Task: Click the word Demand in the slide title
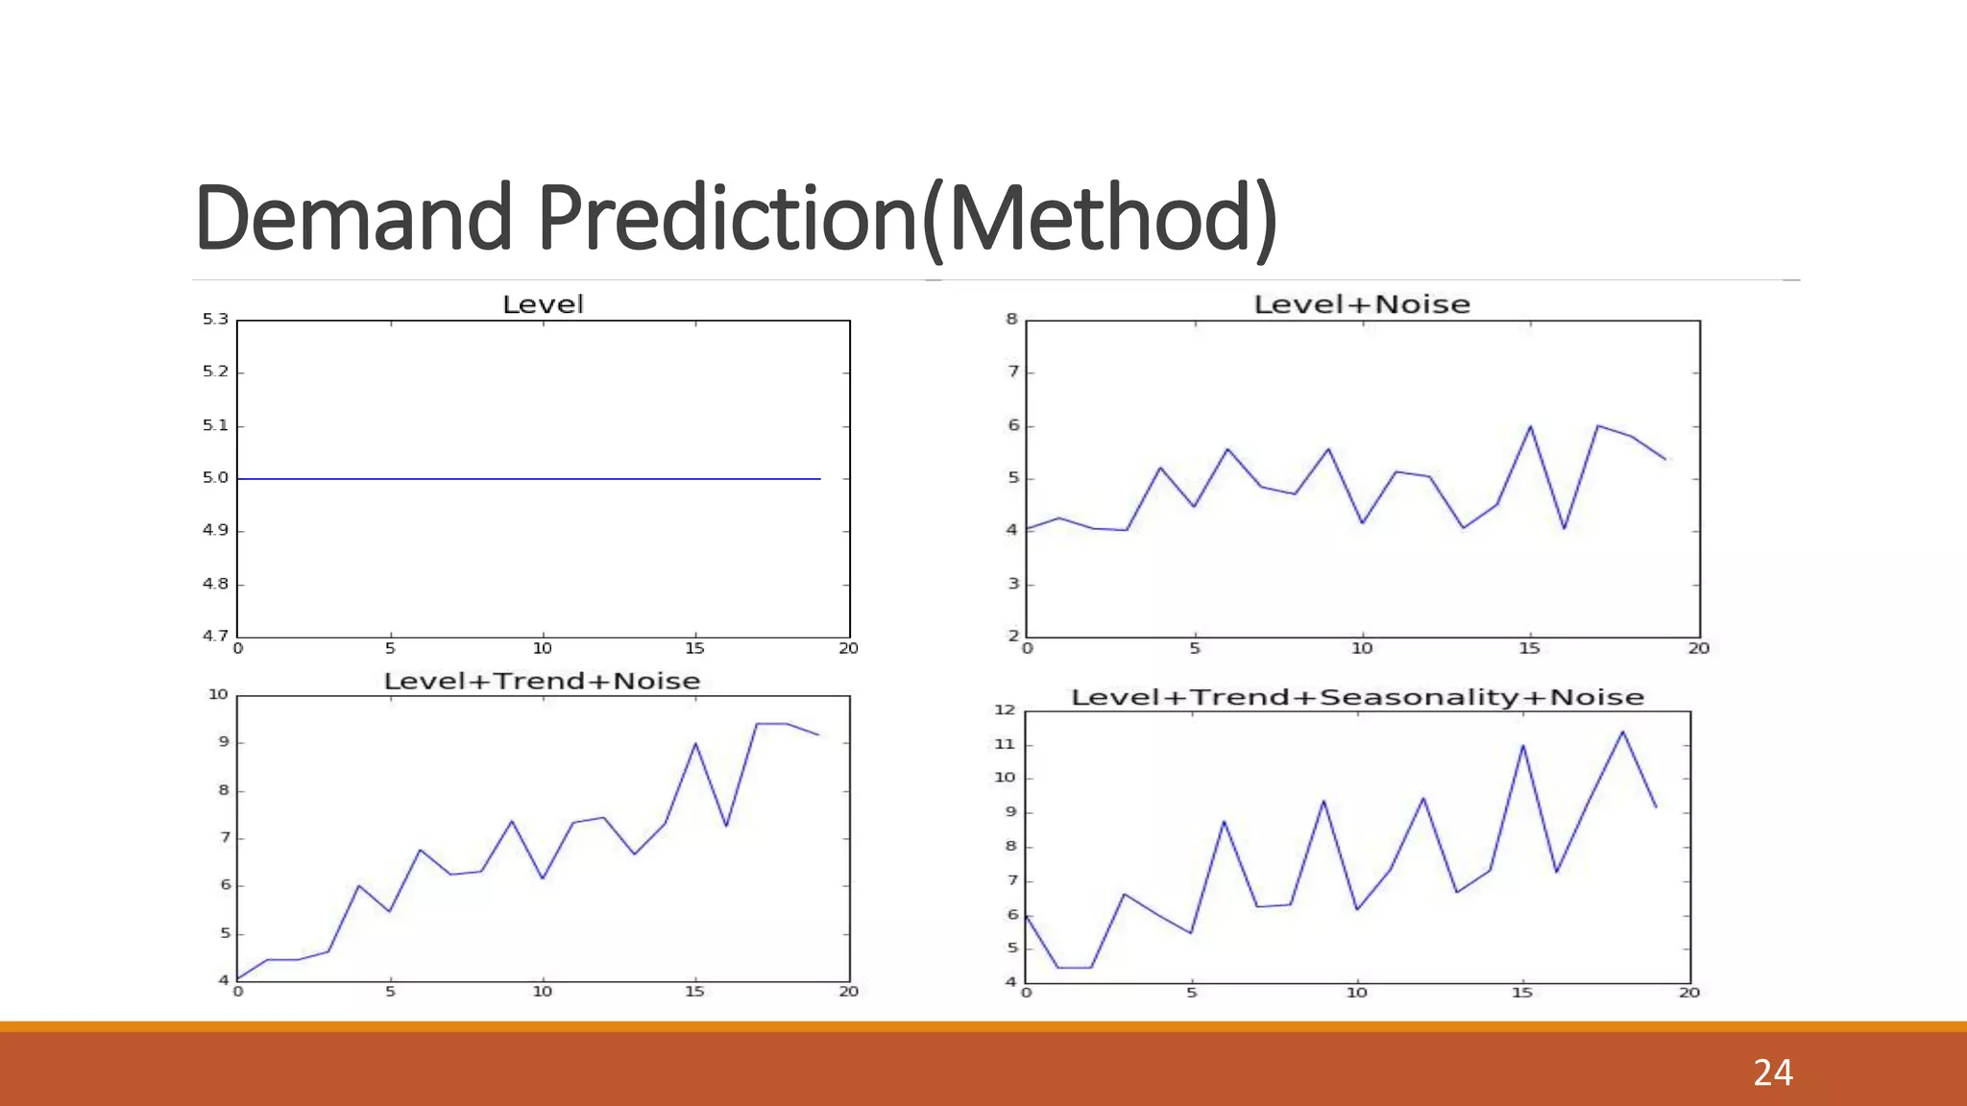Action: point(353,219)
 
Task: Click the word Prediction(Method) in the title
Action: point(907,219)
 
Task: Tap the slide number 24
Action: point(1772,1072)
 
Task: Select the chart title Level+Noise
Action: point(1362,304)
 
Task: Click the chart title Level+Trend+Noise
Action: point(542,681)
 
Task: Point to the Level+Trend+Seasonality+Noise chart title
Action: point(1357,697)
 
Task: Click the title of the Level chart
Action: point(543,304)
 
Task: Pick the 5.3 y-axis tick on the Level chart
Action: point(215,319)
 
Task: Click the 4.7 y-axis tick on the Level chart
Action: point(215,636)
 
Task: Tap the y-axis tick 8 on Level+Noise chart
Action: point(1011,319)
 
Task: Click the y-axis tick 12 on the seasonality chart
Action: point(1005,709)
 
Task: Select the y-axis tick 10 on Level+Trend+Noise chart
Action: point(218,694)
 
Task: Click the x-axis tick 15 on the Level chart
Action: point(694,648)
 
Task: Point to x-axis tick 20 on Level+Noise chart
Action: point(1698,648)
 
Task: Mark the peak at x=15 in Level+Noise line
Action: point(1530,426)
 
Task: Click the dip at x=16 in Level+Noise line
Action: point(1564,528)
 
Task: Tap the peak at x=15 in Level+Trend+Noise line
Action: point(695,743)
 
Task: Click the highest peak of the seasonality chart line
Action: point(1622,732)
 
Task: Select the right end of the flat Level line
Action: point(819,478)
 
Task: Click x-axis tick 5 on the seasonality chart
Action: point(1191,993)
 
